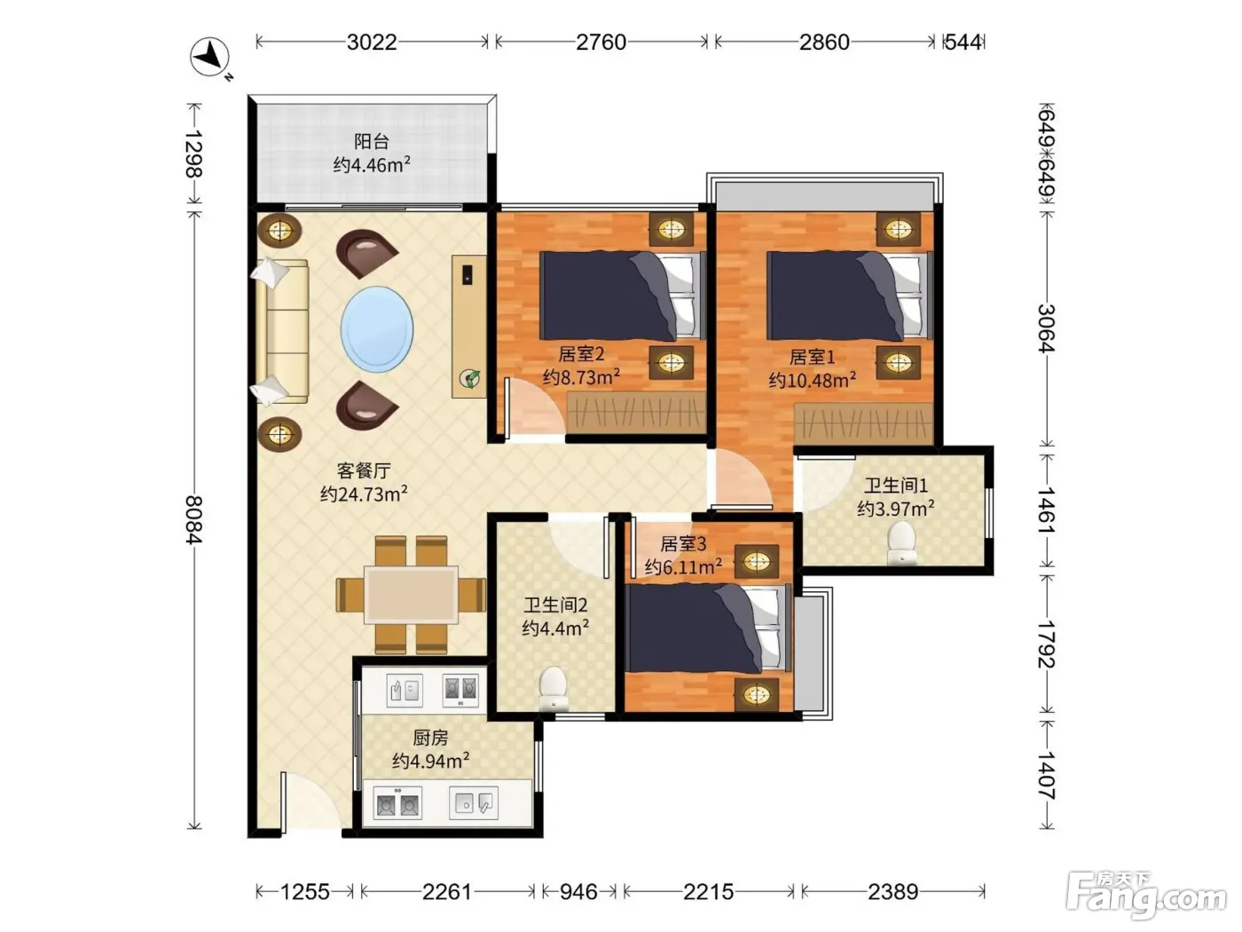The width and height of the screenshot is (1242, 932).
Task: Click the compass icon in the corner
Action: tap(210, 58)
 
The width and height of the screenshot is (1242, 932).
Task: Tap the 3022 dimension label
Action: tap(372, 42)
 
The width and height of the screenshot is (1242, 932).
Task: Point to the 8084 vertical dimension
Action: tap(194, 519)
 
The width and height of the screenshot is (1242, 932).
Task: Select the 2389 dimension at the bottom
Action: tap(892, 892)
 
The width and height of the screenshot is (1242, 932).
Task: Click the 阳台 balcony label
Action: tap(371, 141)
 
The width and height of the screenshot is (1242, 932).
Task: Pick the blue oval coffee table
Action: tap(377, 328)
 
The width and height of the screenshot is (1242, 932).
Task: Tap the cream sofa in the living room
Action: tap(281, 331)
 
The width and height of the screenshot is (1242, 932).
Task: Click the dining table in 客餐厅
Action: tap(412, 595)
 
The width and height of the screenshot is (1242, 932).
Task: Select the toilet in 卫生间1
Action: tap(902, 543)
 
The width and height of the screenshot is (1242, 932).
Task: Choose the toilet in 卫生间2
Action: tap(554, 688)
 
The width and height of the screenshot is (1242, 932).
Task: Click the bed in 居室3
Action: tap(709, 628)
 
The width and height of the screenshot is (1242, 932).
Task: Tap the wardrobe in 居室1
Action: tap(863, 423)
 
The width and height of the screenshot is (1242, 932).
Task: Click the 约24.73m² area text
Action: tap(364, 494)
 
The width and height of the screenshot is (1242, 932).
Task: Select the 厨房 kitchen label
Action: tap(430, 738)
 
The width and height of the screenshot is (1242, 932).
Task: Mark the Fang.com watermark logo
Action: tap(1146, 895)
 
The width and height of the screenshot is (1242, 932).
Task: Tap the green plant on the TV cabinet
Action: tap(470, 378)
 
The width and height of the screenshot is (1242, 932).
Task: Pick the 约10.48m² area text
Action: tap(812, 380)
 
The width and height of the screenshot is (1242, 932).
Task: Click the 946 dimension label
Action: tap(578, 892)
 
